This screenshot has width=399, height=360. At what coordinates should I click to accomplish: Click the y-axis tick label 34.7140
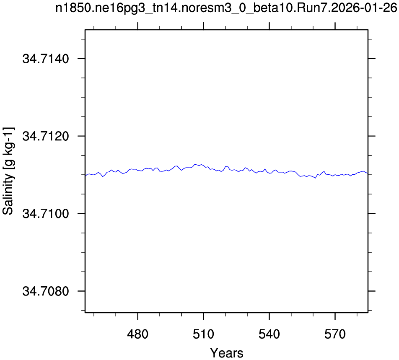pyautogui.click(x=46, y=59)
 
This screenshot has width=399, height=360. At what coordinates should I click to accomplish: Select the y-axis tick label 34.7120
pyautogui.click(x=46, y=136)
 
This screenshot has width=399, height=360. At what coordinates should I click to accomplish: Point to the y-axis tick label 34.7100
pyautogui.click(x=46, y=214)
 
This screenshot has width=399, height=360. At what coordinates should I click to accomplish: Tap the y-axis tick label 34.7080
pyautogui.click(x=46, y=291)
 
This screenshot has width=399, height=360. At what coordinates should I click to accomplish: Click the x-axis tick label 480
pyautogui.click(x=137, y=334)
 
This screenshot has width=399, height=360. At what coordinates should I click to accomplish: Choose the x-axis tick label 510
pyautogui.click(x=204, y=334)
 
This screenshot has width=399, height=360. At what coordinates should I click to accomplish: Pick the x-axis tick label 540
pyautogui.click(x=269, y=334)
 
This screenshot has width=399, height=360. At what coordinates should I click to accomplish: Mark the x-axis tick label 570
pyautogui.click(x=335, y=334)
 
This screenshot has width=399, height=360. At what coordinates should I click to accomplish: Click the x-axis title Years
pyautogui.click(x=226, y=353)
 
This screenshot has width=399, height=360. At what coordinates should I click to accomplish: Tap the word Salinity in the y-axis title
pyautogui.click(x=8, y=194)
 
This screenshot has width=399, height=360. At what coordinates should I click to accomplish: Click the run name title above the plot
pyautogui.click(x=226, y=8)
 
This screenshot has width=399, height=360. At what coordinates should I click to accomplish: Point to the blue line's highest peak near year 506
pyautogui.click(x=195, y=164)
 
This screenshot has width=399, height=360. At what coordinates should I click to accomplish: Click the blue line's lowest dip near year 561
pyautogui.click(x=315, y=178)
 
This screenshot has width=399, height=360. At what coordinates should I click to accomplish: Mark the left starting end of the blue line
pyautogui.click(x=85, y=176)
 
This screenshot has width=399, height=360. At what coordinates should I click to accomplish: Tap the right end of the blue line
pyautogui.click(x=368, y=173)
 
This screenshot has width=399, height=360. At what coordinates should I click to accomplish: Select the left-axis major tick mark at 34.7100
pyautogui.click(x=81, y=213)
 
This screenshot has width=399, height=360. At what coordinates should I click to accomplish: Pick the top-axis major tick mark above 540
pyautogui.click(x=269, y=26)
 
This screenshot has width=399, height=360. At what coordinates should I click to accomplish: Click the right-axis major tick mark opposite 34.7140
pyautogui.click(x=371, y=59)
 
